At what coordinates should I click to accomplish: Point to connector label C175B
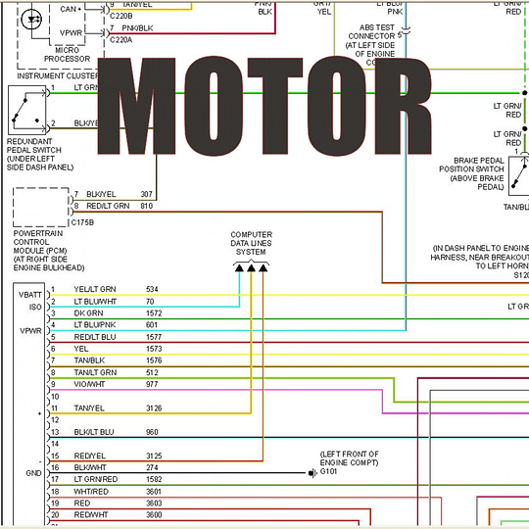56,220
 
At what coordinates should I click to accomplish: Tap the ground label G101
328,472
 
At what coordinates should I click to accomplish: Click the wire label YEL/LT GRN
95,289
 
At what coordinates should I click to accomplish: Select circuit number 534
152,289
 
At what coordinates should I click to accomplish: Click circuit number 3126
155,408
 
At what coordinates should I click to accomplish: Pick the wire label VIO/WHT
90,384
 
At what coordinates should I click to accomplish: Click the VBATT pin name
28,294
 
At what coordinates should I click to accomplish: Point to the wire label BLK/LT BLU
94,431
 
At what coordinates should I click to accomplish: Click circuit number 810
147,206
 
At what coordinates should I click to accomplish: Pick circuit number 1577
153,336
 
